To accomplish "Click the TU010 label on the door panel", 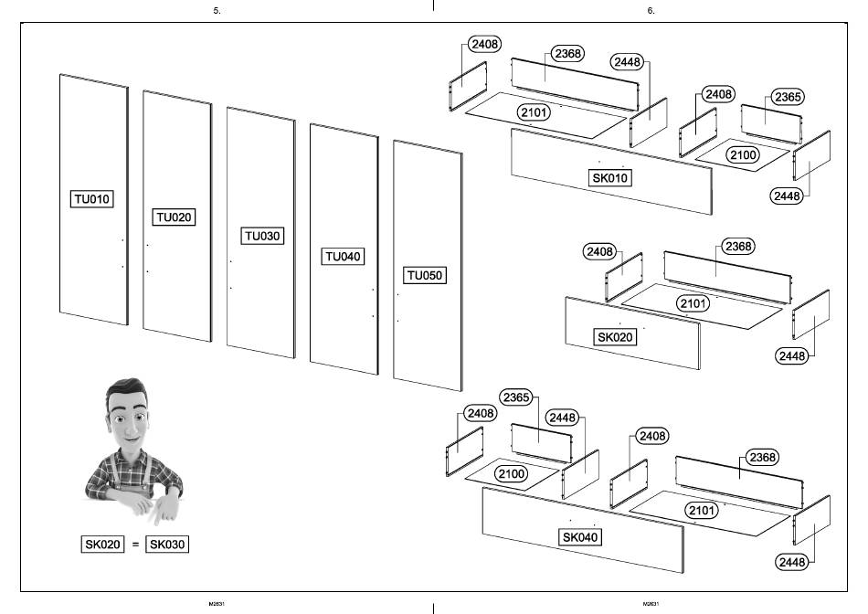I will [x=91, y=198].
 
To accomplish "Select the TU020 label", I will [x=175, y=217].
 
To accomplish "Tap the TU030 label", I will [x=263, y=237].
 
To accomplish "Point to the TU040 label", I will [x=343, y=257].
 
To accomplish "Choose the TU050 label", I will [x=426, y=275].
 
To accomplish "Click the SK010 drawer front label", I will [x=610, y=178].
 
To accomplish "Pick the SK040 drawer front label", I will [x=580, y=537].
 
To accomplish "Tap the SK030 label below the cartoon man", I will [x=168, y=545].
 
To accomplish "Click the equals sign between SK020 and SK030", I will [x=135, y=545].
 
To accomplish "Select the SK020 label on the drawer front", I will [x=616, y=337].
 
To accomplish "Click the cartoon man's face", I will [x=128, y=421].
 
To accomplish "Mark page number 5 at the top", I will [x=217, y=11].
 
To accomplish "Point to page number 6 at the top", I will [x=651, y=11].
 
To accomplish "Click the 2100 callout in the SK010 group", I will [x=742, y=155].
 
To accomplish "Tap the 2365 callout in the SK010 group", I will [x=788, y=97].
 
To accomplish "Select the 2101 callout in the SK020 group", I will [x=693, y=302].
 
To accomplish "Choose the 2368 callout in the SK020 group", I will [x=737, y=246].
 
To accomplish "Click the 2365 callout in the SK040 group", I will [x=517, y=397].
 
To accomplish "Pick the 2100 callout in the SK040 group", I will [x=511, y=474].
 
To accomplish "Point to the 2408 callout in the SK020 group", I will [x=599, y=251].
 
